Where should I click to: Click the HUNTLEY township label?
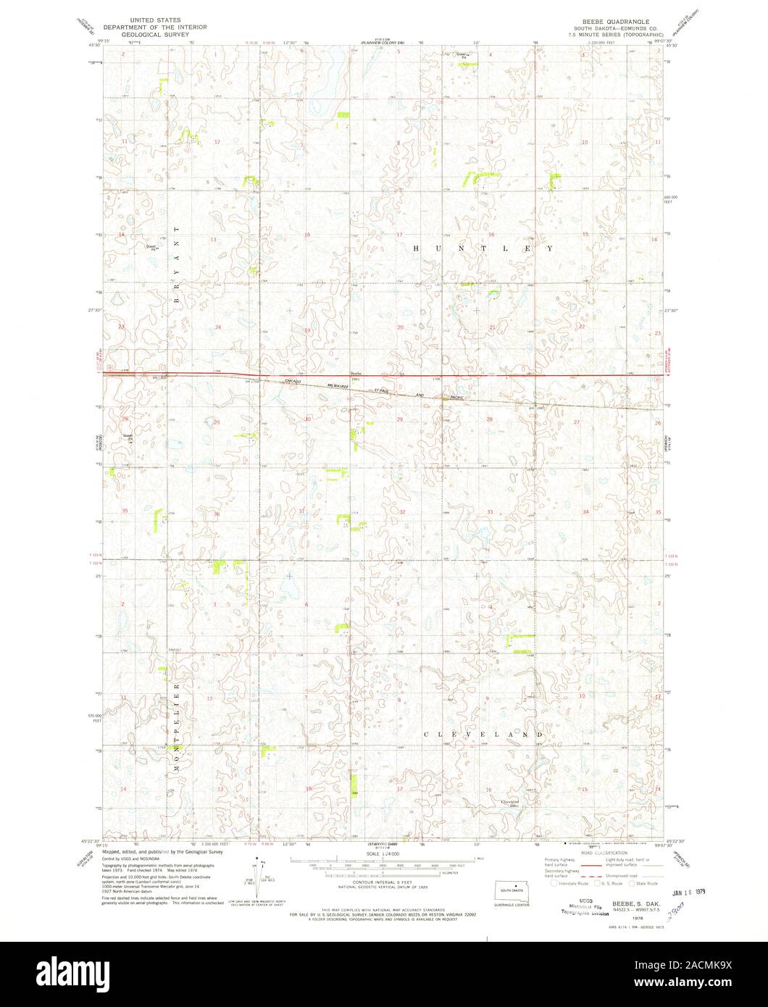pos(483,248)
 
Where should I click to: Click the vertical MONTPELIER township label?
pos(176,725)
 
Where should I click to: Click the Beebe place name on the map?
pos(356,375)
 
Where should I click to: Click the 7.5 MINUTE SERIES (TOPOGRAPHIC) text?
pos(615,33)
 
